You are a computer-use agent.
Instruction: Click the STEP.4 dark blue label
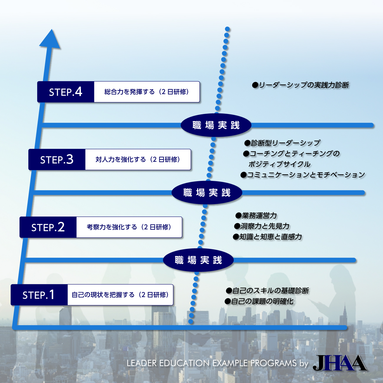point(66,92)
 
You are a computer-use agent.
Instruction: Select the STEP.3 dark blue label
point(57,160)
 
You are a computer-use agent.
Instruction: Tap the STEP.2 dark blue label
point(48,227)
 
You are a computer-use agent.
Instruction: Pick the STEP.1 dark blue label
point(39,295)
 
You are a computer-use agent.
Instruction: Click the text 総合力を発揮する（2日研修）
point(147,92)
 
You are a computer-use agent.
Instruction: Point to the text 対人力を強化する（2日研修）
point(138,160)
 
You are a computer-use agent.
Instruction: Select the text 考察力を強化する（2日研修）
point(129,227)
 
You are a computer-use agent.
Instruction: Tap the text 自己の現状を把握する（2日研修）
point(120,295)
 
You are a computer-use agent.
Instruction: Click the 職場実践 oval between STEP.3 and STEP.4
point(216,125)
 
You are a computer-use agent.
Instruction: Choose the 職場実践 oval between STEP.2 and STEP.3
point(207,193)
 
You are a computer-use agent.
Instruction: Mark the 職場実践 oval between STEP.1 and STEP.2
point(198,260)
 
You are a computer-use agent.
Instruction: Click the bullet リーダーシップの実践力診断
point(301,85)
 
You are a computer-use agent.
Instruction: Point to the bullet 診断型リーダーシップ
point(282,143)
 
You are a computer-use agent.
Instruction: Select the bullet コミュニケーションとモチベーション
point(303,175)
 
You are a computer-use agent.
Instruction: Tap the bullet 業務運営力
point(256,216)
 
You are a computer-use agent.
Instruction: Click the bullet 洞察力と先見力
point(262,226)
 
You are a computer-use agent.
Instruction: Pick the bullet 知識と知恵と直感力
point(268,237)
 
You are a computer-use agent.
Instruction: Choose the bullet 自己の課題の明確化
point(259,301)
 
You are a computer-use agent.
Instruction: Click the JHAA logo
point(340,363)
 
